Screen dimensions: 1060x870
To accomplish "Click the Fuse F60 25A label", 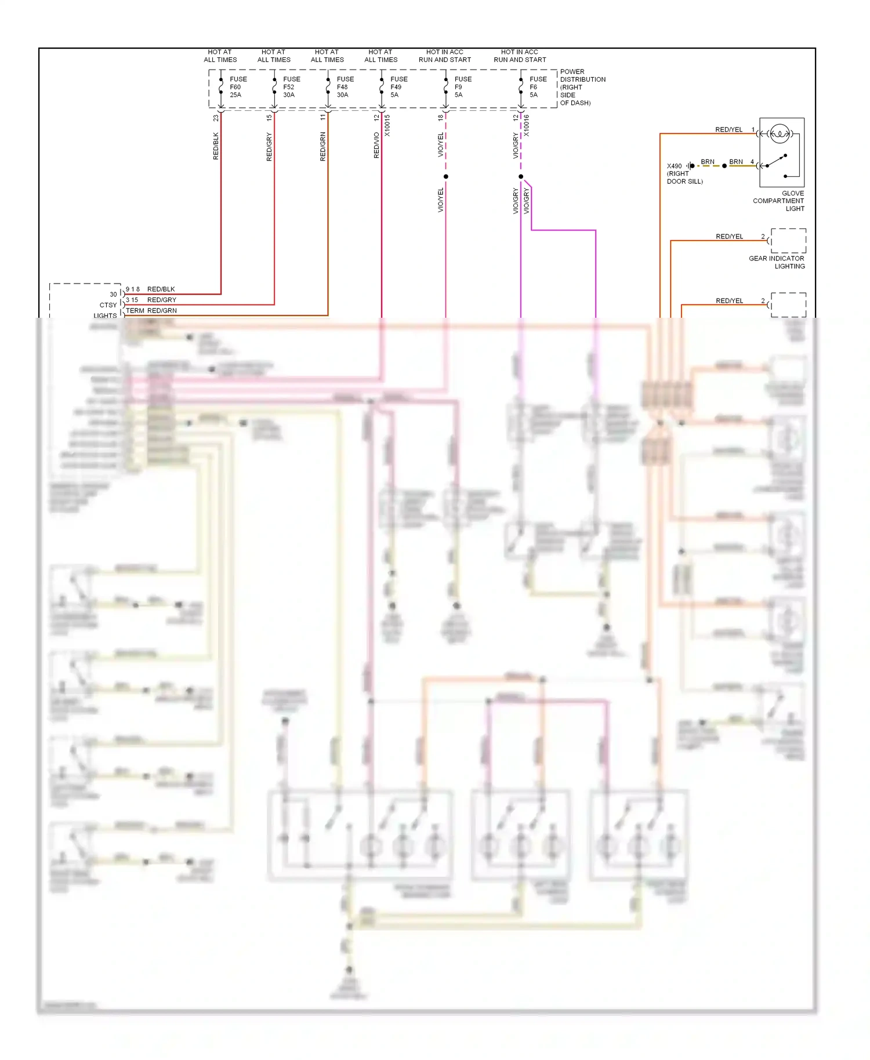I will (238, 87).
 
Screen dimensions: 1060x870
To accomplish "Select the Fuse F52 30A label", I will (291, 87).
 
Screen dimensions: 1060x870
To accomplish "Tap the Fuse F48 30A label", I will (345, 87).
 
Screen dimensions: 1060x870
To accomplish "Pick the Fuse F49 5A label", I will (398, 87).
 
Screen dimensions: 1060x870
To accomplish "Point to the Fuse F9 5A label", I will (463, 87).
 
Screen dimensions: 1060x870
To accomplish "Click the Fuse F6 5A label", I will (538, 87).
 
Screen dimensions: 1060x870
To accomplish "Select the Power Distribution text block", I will (582, 87).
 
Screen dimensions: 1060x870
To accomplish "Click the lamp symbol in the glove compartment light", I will (780, 134).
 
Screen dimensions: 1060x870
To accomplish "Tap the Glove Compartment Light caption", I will (779, 201).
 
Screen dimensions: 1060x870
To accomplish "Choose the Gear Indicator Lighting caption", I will (777, 262).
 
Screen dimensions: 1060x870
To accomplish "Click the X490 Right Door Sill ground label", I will (684, 173).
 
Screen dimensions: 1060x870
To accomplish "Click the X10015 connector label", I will (387, 125).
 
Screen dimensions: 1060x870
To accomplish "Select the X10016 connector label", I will (527, 125).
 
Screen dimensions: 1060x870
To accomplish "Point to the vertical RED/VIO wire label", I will (376, 146).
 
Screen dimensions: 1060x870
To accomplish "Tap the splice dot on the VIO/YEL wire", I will (445, 176).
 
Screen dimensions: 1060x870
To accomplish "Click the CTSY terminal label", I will (108, 305).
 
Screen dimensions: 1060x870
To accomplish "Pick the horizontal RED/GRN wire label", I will (162, 311).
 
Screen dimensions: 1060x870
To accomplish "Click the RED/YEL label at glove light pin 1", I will (728, 129).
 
